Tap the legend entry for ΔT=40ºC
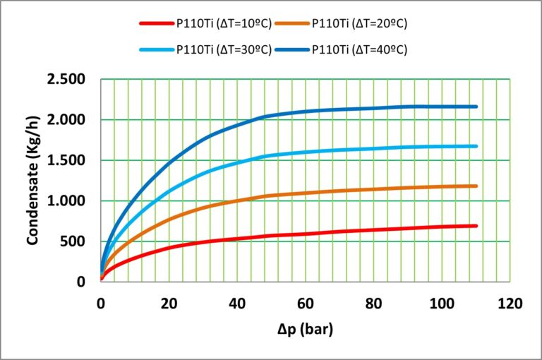(x=360, y=49)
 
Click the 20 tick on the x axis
(x=169, y=304)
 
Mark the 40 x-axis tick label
(x=237, y=304)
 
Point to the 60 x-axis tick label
(x=305, y=304)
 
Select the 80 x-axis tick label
(x=373, y=304)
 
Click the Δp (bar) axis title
(x=304, y=330)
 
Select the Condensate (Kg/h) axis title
(x=32, y=181)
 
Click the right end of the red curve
(x=476, y=226)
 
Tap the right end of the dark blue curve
(x=476, y=107)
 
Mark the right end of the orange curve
(x=476, y=186)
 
